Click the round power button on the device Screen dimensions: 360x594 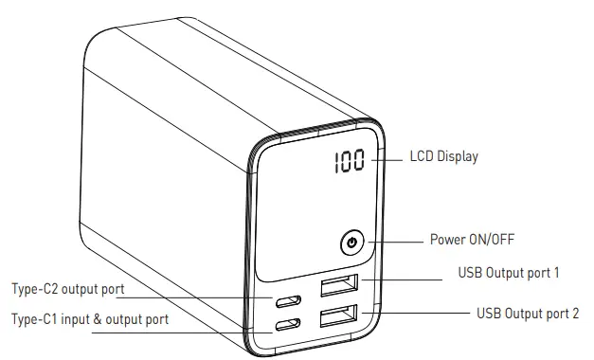click(352, 243)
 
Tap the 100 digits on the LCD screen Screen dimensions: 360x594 click(350, 163)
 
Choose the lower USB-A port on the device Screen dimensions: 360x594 click(338, 317)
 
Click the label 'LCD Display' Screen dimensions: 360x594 click(443, 156)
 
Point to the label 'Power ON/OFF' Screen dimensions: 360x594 click(472, 239)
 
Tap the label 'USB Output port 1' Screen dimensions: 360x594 click(509, 273)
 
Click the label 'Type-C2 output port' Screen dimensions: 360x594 click(68, 288)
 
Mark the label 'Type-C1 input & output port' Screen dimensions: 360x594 click(89, 319)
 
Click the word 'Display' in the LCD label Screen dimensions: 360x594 click(457, 156)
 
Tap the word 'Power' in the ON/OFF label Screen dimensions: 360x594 click(448, 239)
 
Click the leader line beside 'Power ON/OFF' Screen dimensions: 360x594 click(393, 242)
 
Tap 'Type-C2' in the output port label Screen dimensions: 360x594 click(34, 288)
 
